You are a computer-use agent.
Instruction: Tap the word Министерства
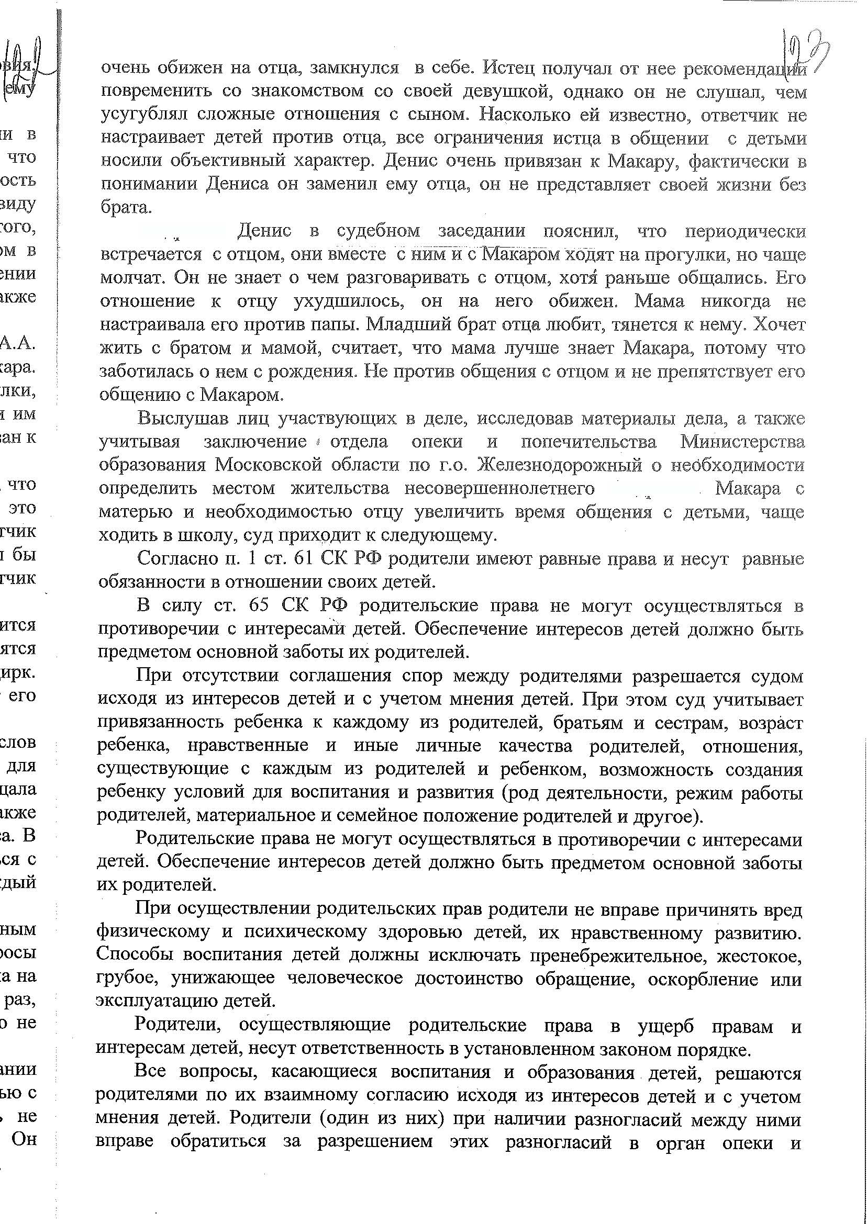pos(742,442)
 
